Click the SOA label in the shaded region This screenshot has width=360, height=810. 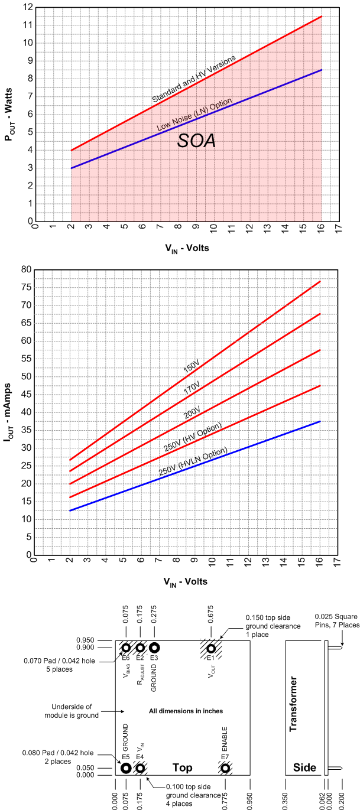[197, 141]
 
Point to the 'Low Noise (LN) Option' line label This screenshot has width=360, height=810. [194, 115]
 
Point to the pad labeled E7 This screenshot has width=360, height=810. [225, 768]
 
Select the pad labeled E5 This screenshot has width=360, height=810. [126, 768]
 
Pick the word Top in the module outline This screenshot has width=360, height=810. [182, 767]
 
